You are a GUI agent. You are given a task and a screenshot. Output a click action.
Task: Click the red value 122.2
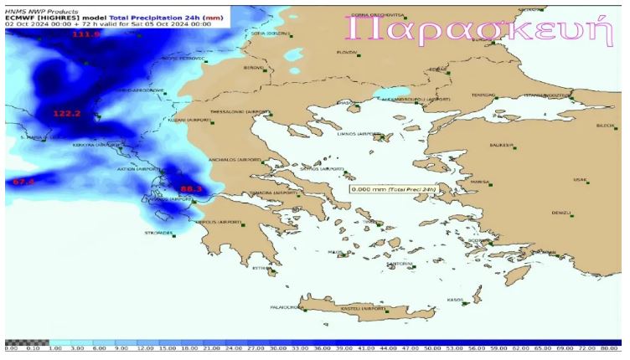coord(66,113)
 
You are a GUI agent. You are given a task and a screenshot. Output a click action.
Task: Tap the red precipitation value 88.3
coord(191,189)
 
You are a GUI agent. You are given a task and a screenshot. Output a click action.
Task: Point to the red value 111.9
coord(85,34)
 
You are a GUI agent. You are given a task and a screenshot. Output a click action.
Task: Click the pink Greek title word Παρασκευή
coord(474,30)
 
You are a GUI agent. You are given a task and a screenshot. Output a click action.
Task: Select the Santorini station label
coord(400,264)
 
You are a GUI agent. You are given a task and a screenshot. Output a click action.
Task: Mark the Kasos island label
coord(456,299)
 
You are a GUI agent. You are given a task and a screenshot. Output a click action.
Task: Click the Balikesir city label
coord(502,145)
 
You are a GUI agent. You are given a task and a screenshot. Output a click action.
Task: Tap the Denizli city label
coord(561,213)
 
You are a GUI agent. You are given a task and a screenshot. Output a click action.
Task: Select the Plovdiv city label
coord(347,52)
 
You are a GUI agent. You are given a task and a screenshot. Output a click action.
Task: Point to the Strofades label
coord(158,233)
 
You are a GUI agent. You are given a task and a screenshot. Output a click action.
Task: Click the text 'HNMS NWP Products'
coord(35,11)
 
